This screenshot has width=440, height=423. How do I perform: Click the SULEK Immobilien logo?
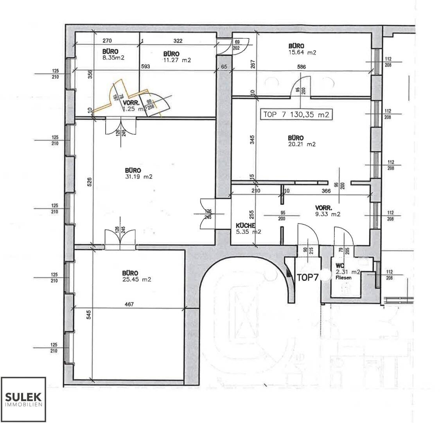24,399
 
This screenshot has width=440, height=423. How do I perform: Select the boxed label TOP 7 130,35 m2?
296,115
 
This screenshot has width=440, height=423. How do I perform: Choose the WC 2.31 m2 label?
347,269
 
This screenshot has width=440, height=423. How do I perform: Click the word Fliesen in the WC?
343,277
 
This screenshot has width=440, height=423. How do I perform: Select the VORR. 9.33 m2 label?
328,211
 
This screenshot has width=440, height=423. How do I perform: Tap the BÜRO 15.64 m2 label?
301,49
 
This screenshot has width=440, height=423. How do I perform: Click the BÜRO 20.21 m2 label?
301,141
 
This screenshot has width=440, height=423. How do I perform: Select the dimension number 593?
145,67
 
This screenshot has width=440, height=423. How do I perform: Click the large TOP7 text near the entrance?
307,277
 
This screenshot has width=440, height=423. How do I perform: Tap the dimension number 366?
326,191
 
